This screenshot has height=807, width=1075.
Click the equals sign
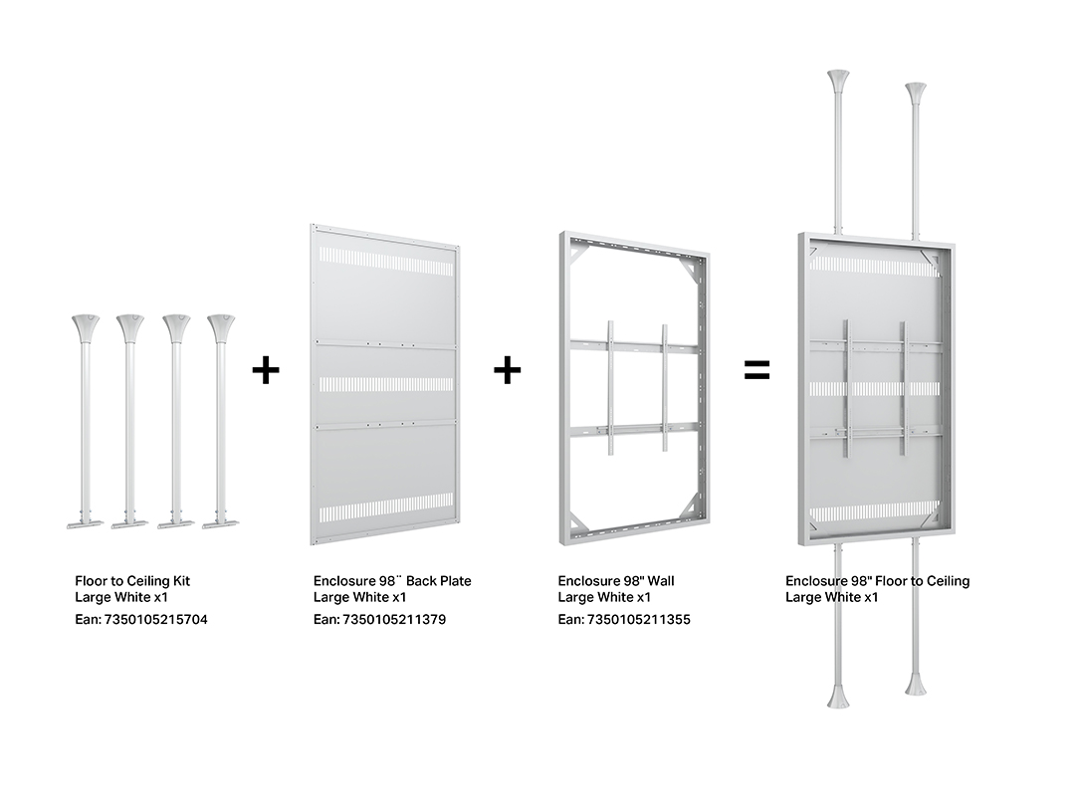(x=756, y=370)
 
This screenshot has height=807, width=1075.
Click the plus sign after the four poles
(x=266, y=370)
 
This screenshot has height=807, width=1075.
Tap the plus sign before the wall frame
(x=507, y=370)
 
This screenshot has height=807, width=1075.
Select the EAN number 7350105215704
(x=155, y=619)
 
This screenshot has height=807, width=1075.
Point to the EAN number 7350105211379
(x=394, y=619)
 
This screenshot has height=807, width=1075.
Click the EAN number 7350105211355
(x=638, y=619)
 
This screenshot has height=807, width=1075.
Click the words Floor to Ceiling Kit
(x=132, y=581)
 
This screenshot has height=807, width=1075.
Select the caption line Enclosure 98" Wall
(x=616, y=581)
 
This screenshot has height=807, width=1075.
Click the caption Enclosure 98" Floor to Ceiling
(x=878, y=581)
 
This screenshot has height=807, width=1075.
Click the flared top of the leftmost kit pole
(x=86, y=327)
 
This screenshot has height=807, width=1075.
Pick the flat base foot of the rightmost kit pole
(x=221, y=524)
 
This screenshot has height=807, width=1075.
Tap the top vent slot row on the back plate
(x=386, y=262)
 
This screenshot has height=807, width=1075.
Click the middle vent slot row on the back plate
(x=386, y=384)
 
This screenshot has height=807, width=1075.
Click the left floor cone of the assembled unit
(x=838, y=696)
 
